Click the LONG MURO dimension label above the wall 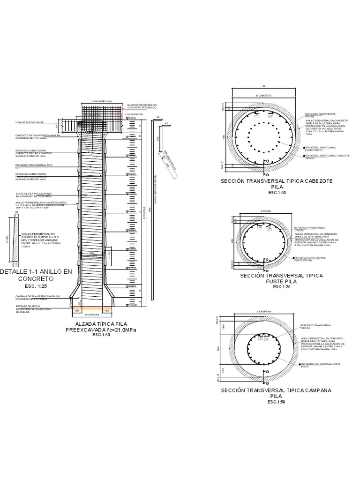(102, 101)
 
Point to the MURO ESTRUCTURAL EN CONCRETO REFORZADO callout (142, 106)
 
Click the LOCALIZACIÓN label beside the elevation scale (134, 114)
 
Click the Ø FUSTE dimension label (266, 211)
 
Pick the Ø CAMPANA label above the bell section (264, 311)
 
